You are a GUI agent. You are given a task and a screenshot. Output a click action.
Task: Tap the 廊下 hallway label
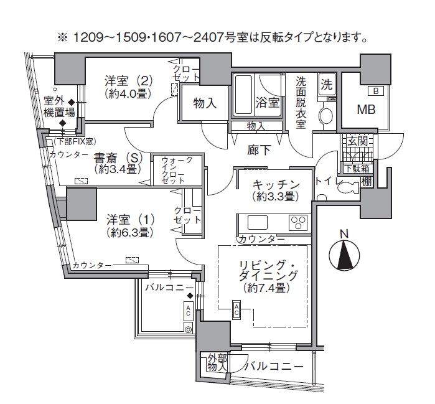243,149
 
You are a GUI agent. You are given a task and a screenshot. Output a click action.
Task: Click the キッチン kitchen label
277,185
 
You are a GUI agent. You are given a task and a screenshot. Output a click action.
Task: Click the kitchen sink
257,222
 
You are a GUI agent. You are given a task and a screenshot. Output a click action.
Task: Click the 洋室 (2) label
128,87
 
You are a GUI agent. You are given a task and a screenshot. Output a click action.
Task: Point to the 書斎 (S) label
118,162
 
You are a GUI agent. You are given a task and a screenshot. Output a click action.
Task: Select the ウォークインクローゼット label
177,170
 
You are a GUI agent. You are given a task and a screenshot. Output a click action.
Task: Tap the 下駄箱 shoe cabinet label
356,169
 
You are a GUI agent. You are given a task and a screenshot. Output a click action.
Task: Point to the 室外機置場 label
60,106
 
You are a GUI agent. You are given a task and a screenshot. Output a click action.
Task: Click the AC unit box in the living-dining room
237,309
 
